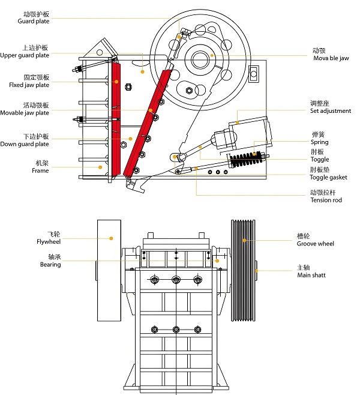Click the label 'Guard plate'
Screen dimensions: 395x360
33,21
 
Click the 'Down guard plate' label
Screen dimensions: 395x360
25,144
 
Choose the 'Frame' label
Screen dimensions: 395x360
40,171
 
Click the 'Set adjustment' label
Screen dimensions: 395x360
330,111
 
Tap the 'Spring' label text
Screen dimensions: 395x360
319,142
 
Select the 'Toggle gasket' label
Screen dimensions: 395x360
328,178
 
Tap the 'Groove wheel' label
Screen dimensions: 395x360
315,244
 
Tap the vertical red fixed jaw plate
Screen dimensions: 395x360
116,120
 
